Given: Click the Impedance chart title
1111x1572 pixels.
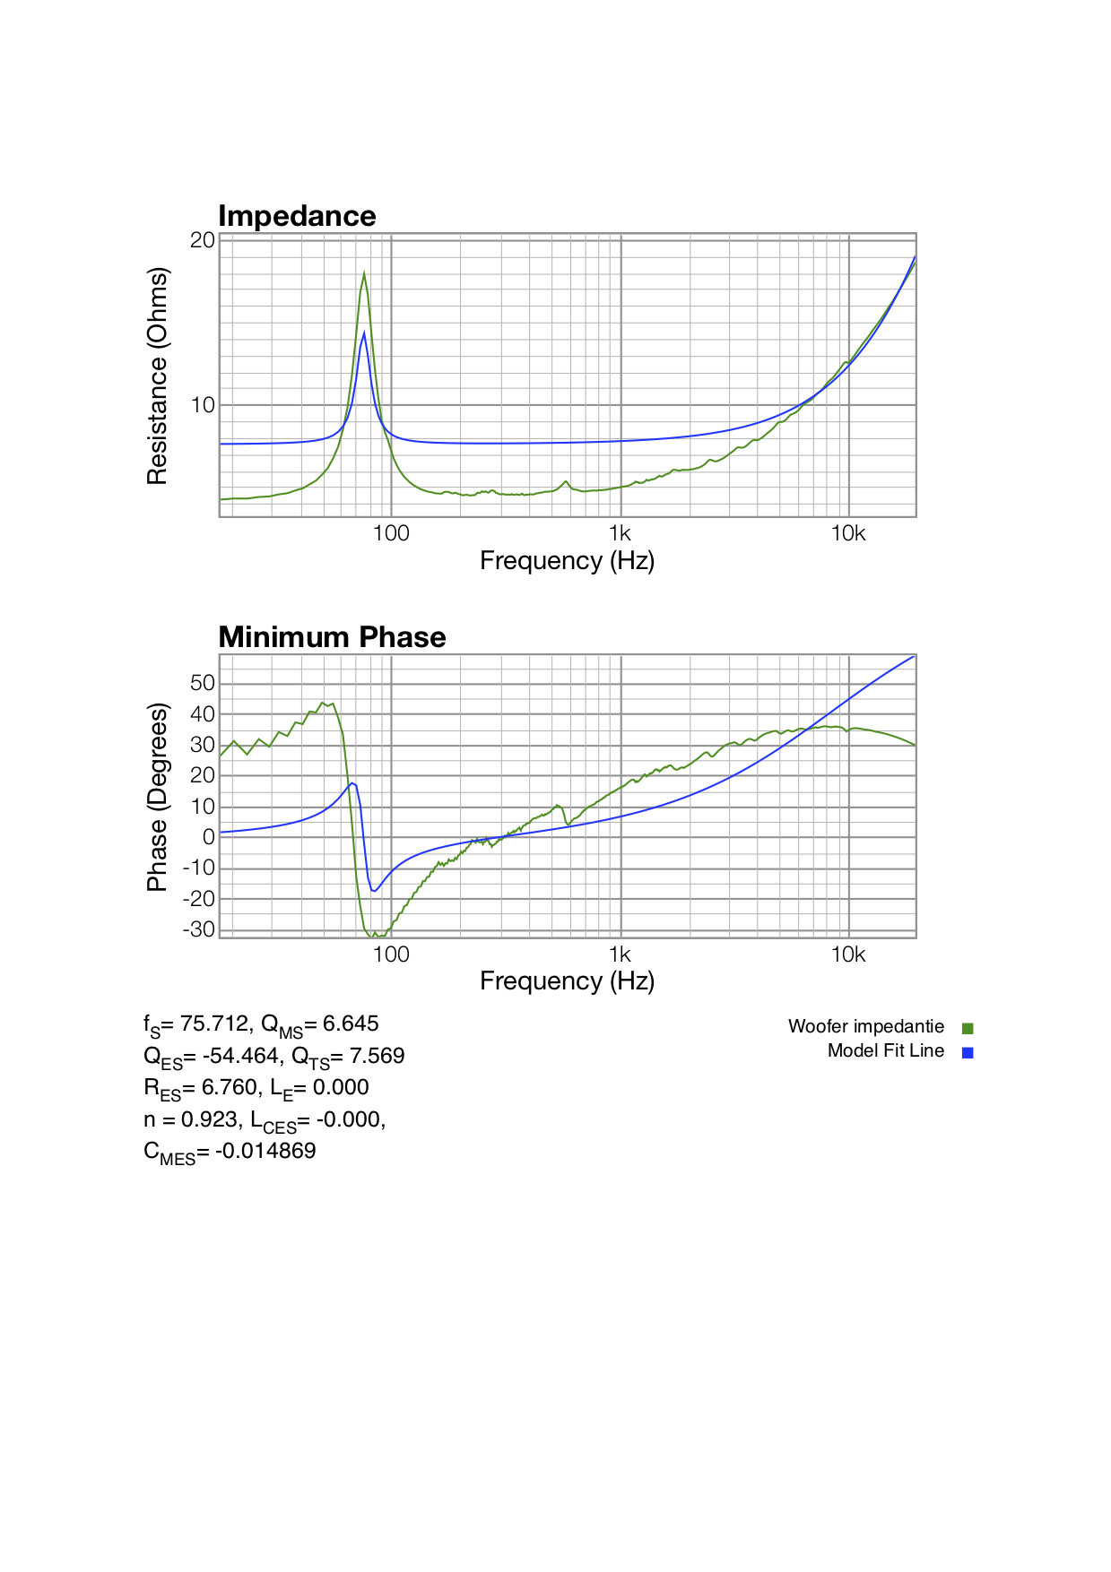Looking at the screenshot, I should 297,216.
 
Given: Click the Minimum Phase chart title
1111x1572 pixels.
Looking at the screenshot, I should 332,637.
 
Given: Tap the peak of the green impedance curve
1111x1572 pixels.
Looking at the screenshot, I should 364,272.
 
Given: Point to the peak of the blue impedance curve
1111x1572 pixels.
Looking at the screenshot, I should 364,333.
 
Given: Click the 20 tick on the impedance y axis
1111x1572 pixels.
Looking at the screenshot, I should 203,240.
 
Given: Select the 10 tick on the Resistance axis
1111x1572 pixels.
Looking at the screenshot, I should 203,405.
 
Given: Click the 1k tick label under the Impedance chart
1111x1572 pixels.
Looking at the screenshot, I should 620,534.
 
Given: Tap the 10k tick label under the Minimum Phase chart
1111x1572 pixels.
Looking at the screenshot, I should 847,955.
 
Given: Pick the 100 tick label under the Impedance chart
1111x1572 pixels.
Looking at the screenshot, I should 391,534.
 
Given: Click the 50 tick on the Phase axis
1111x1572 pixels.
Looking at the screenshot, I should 203,683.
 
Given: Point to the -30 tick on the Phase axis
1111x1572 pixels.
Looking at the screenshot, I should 199,929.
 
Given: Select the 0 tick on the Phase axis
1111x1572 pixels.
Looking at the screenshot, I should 209,837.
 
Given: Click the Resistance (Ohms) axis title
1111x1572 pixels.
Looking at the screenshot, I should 157,376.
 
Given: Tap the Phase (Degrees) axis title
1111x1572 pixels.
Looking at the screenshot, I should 157,797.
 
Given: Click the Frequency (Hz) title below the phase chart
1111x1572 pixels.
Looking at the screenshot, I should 567,981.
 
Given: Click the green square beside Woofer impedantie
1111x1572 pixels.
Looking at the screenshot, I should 968,1028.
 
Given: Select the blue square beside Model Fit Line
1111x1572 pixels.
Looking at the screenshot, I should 968,1052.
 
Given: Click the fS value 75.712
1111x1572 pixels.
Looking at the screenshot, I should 215,1024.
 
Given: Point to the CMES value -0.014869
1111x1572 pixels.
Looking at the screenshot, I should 265,1151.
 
